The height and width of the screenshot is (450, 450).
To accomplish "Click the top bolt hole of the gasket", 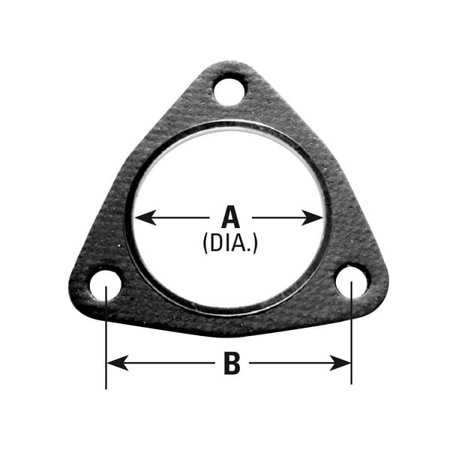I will tap(229, 91).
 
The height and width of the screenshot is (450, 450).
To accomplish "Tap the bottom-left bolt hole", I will tap(106, 286).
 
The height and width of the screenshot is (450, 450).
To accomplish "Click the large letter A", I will tap(230, 217).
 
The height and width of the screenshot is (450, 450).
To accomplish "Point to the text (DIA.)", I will tap(230, 243).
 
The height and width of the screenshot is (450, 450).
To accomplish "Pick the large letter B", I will tap(232, 364).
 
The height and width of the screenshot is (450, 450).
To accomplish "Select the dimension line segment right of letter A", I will tap(281, 217).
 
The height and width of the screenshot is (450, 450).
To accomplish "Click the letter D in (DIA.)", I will tap(216, 243).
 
